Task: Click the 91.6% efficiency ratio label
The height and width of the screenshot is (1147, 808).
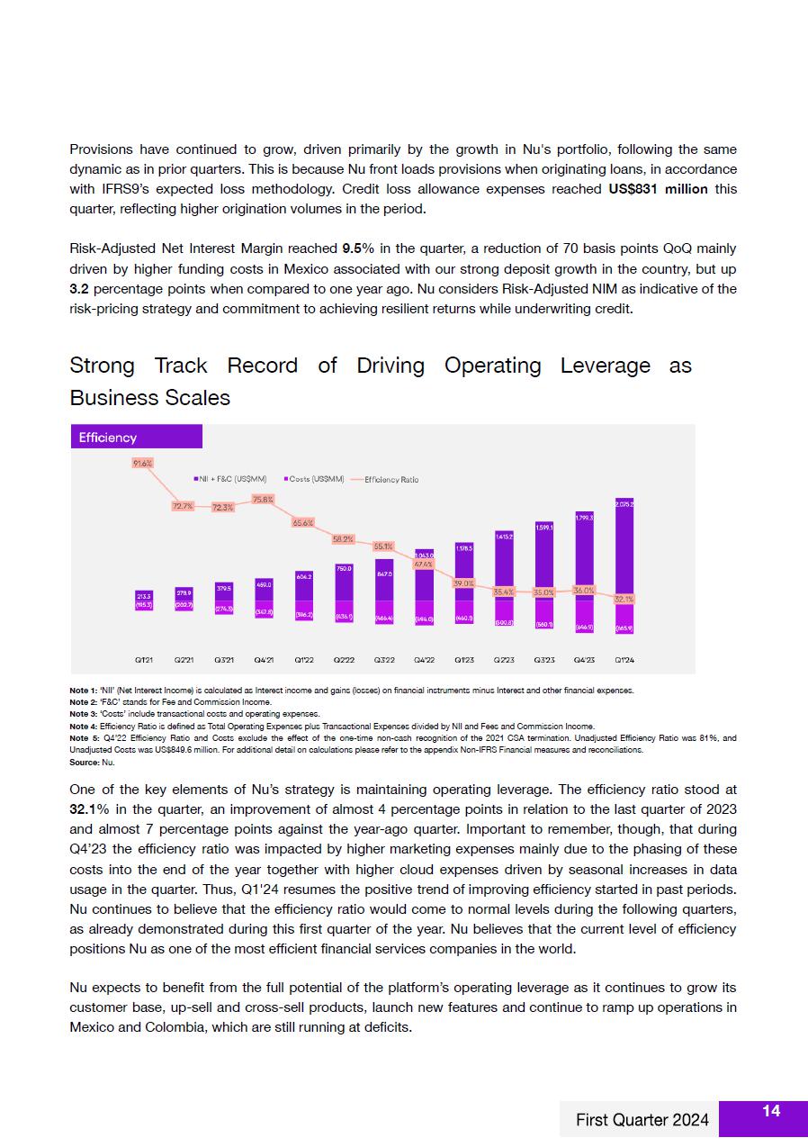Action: pyautogui.click(x=143, y=463)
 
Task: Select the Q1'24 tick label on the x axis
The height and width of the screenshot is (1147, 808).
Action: pyautogui.click(x=624, y=660)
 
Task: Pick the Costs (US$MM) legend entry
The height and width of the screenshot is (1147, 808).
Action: pyautogui.click(x=314, y=479)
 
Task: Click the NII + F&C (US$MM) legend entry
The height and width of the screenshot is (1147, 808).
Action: pyautogui.click(x=230, y=479)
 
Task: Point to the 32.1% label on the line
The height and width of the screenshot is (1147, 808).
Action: pyautogui.click(x=624, y=599)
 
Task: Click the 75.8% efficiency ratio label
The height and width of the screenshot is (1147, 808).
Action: pyautogui.click(x=264, y=499)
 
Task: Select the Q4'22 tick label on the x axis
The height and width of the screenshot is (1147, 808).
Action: pyautogui.click(x=424, y=660)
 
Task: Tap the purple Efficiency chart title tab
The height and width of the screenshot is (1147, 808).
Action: pyautogui.click(x=136, y=438)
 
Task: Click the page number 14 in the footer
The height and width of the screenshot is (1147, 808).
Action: pyautogui.click(x=771, y=1112)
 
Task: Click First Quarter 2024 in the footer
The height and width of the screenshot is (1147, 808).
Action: pyautogui.click(x=642, y=1120)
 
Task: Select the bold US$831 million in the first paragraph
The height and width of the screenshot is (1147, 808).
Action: pyautogui.click(x=659, y=189)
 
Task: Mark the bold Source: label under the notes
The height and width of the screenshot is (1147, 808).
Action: pyautogui.click(x=84, y=763)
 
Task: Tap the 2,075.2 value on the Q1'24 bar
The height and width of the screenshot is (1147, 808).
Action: pyautogui.click(x=624, y=504)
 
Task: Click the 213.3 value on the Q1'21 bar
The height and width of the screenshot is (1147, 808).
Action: pyautogui.click(x=143, y=595)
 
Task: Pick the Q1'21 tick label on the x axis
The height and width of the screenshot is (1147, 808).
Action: pyautogui.click(x=143, y=660)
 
